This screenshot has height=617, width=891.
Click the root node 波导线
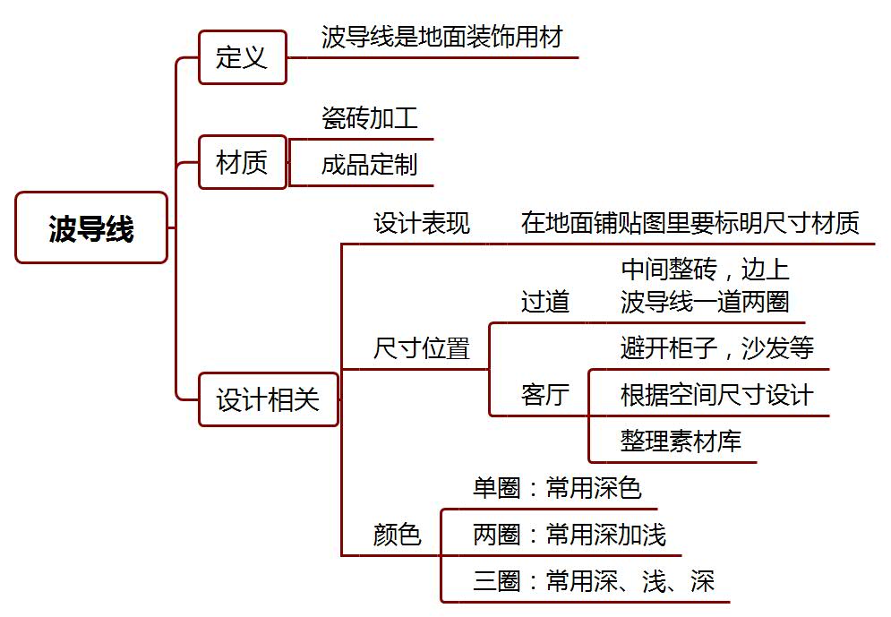91,228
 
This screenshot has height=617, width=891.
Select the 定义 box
242,58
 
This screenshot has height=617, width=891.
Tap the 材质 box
242,162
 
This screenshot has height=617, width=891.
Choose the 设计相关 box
268,399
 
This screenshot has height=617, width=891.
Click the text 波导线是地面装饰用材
441,38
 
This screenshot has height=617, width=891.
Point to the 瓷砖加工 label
369,117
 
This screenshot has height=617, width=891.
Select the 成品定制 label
369,165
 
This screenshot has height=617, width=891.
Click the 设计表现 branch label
422,223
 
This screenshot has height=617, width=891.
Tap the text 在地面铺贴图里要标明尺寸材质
690,223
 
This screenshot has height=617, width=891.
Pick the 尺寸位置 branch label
422,348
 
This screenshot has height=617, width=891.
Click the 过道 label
545,302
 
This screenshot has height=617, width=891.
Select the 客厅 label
545,395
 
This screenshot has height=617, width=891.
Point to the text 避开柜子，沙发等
716,347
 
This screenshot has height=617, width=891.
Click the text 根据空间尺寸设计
716,395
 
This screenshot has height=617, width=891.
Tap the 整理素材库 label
681,441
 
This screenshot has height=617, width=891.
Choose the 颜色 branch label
397,536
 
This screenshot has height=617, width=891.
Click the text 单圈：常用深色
557,488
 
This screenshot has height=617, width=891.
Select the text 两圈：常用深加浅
570,536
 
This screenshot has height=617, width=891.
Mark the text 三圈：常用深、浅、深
594,582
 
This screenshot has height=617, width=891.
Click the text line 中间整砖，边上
705,270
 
